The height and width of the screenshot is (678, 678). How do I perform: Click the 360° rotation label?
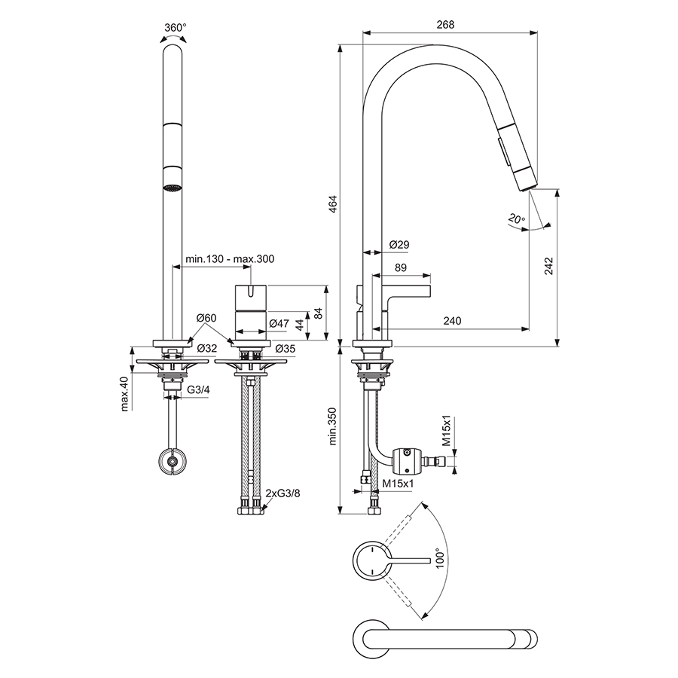point(175,27)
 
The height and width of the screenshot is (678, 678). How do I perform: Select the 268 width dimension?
point(445,24)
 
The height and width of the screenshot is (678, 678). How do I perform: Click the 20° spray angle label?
point(516,220)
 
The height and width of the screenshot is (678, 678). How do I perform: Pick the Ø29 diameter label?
point(399,245)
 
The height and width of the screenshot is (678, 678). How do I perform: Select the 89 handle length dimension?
point(401,267)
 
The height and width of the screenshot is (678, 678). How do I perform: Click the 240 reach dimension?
point(452,321)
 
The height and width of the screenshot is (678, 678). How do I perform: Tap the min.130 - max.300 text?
point(230,259)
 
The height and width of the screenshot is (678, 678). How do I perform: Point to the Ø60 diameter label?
point(206,319)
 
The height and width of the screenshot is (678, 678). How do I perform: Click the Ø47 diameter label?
point(279,324)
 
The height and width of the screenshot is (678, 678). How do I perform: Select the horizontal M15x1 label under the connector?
point(398,482)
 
